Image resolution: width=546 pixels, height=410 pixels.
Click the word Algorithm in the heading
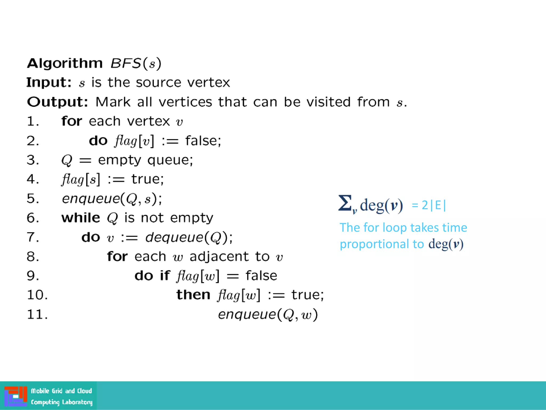[x=65, y=64]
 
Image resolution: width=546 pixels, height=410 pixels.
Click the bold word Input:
[x=49, y=82]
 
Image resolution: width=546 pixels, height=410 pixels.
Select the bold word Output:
[x=57, y=102]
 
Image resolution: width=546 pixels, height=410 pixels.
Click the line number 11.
[x=37, y=314]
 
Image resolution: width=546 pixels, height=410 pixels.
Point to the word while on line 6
[x=81, y=218]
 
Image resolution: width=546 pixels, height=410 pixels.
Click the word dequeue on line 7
[x=174, y=237]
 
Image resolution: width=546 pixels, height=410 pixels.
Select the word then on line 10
[x=193, y=295]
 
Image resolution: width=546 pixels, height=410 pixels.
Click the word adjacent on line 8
[x=219, y=257]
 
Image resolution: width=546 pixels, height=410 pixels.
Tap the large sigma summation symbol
[x=345, y=203]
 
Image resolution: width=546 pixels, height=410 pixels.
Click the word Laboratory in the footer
[x=77, y=402]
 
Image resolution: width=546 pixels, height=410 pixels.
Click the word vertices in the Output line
[x=185, y=102]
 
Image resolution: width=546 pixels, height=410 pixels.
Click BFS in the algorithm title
[x=125, y=64]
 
